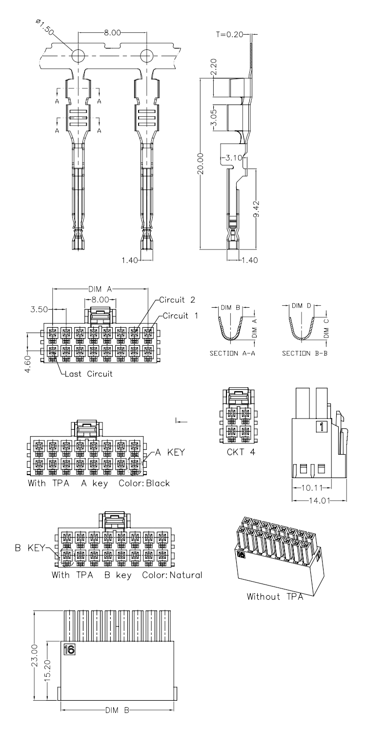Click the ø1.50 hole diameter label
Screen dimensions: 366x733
pos(44,27)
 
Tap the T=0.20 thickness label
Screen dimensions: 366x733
pos(229,34)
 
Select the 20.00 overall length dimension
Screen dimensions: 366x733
pos(201,164)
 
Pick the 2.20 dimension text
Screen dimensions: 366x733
pos(214,67)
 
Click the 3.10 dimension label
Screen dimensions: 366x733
pos(234,158)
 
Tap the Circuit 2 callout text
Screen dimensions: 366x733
pos(177,300)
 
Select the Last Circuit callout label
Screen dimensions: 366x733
pos(88,374)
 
